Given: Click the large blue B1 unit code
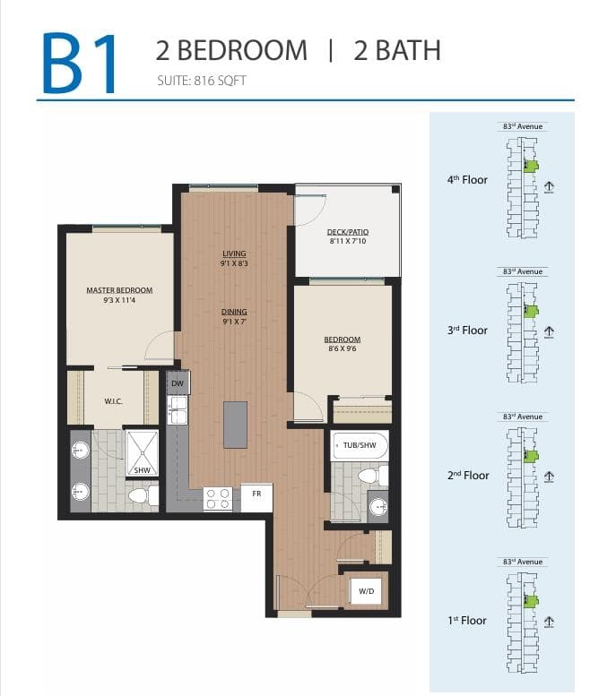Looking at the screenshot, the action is coord(80,63).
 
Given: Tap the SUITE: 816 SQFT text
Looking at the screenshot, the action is coord(202,81).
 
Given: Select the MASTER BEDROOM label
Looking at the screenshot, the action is coord(119,290).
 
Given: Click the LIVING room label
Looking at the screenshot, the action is coord(234,253).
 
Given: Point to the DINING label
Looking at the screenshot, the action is coord(234,312).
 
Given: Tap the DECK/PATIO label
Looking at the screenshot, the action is coord(348,232).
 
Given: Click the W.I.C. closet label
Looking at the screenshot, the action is coord(113,401).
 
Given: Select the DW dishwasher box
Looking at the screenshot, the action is coord(178,382).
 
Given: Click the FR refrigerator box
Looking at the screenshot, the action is coord(256,497).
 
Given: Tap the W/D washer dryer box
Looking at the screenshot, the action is coord(366,591).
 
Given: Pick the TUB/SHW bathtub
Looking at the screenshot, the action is coord(360,446).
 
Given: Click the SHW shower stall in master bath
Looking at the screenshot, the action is coord(143,452).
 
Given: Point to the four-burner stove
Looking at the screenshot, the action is coord(218,498).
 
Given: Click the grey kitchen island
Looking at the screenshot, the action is coord(236,425).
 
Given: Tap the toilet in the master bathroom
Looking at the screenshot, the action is coord(143,495).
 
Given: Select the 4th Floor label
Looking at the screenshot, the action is coord(467,180).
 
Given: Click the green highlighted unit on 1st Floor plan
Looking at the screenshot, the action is coord(530,601).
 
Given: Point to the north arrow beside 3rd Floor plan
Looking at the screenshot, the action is coord(549,332).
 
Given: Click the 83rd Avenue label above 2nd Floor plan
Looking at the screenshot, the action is coord(523,417).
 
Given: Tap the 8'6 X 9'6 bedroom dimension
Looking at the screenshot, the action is coord(343,348).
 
